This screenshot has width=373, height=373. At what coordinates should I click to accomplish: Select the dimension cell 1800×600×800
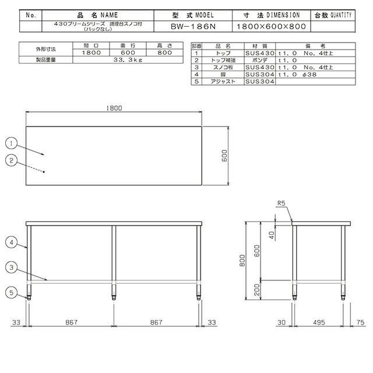click(271, 26)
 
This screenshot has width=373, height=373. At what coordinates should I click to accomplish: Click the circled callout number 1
click(11, 142)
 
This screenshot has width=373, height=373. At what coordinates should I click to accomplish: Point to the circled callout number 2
click(11, 160)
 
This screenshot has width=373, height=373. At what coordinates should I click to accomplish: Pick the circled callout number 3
click(11, 267)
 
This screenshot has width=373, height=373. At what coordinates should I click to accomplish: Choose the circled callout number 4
click(11, 241)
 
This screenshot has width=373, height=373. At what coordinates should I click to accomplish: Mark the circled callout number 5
click(11, 293)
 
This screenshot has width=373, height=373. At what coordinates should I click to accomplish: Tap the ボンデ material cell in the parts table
click(255, 59)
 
